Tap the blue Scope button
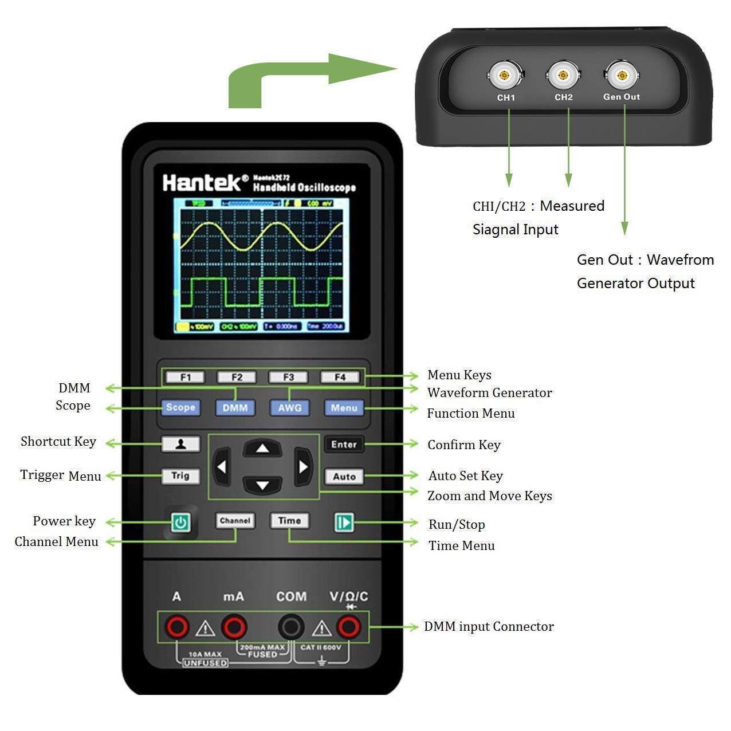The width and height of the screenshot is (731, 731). click(180, 407)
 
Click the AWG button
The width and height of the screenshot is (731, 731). click(289, 408)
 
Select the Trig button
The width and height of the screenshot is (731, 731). click(180, 475)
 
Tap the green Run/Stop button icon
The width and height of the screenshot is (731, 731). click(344, 522)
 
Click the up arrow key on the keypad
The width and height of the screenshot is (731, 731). click(262, 448)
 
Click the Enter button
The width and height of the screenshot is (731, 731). click(344, 445)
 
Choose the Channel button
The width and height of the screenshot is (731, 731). click(235, 521)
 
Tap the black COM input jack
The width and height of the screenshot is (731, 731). click(291, 627)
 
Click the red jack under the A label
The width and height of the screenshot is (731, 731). click(177, 627)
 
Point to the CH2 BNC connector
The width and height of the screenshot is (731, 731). click(563, 75)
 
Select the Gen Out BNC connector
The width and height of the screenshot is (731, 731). click(621, 75)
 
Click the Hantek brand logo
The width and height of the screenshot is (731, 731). click(202, 183)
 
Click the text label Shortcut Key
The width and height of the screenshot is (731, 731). click(58, 442)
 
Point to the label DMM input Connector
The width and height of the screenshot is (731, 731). click(489, 627)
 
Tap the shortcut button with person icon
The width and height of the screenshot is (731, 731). click(180, 444)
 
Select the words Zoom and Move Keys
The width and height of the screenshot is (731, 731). click(489, 496)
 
